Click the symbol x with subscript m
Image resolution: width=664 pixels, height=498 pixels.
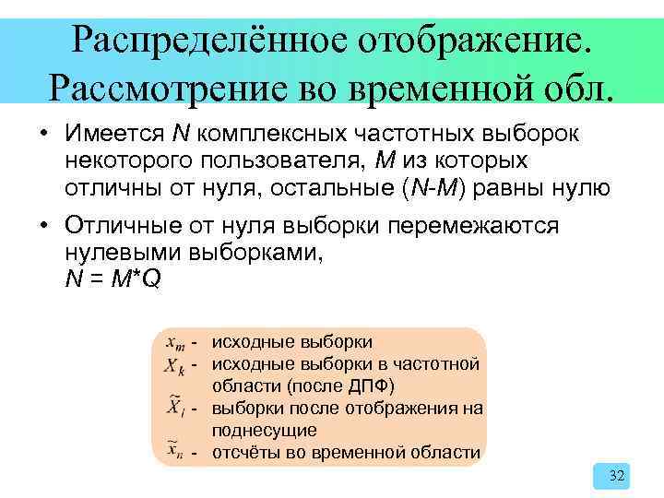175,342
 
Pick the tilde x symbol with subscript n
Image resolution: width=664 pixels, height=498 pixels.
175,451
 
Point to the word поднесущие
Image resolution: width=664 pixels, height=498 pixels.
265,430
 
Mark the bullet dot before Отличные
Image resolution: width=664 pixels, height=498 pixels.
43,228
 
